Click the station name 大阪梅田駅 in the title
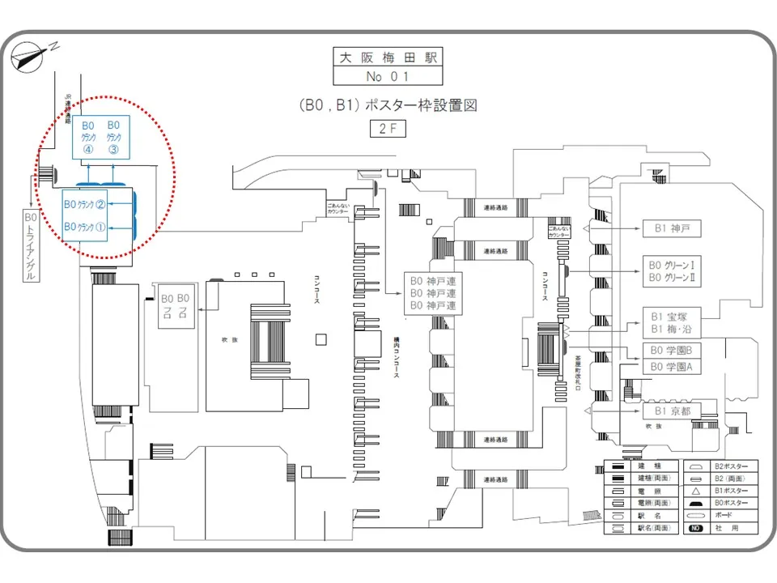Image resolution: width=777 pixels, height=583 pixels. pos(388,58)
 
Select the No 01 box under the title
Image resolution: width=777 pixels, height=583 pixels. pos(388,77)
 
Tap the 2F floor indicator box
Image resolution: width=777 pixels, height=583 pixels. pos(388,128)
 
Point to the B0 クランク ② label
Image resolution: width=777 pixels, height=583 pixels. pos(85,204)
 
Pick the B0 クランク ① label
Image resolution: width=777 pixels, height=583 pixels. pos(85,226)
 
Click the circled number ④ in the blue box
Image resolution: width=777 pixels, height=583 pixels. pos(88,150)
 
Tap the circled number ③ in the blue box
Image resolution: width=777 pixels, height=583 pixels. pos(114,150)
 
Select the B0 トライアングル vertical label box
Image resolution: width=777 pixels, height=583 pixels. pos(32,247)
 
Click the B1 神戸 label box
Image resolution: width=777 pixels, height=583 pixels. pos(672,228)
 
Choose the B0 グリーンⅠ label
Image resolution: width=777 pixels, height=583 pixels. pos(672,264)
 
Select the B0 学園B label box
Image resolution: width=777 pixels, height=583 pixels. pos(672,350)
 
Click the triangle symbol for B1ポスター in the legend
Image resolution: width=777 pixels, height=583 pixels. pos(695,492)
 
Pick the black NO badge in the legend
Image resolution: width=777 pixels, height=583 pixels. pos(695,529)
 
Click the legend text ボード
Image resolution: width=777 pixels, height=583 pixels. pos(724,516)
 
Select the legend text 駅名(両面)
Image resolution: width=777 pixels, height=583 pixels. pos(654,529)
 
